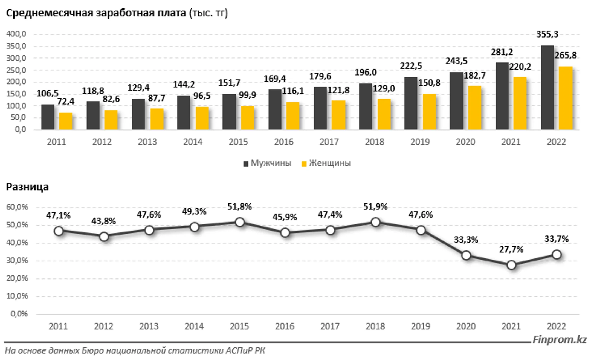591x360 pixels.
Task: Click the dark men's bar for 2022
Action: click(x=547, y=87)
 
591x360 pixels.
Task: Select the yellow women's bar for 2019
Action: click(x=429, y=112)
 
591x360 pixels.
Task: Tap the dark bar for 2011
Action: click(x=48, y=117)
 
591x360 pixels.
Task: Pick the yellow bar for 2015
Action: click(x=247, y=118)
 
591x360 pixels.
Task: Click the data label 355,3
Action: click(x=547, y=34)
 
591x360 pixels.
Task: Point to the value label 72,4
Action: click(x=66, y=102)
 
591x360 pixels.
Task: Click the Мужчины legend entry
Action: click(x=267, y=163)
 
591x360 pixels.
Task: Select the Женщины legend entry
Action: click(x=326, y=163)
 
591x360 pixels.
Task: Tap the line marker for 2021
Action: click(x=511, y=265)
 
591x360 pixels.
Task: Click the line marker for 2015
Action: click(x=240, y=222)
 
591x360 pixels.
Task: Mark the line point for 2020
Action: click(x=466, y=255)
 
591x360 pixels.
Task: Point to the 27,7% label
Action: click(x=511, y=249)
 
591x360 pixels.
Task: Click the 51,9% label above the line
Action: click(x=375, y=207)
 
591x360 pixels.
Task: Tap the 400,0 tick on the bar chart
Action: click(x=16, y=34)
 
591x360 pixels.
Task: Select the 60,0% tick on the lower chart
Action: click(x=17, y=207)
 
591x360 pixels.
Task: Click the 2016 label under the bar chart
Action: click(x=284, y=142)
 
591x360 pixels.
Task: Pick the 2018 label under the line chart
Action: click(x=375, y=326)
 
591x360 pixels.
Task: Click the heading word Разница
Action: click(x=27, y=187)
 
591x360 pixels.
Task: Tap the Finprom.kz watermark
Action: click(x=560, y=340)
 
